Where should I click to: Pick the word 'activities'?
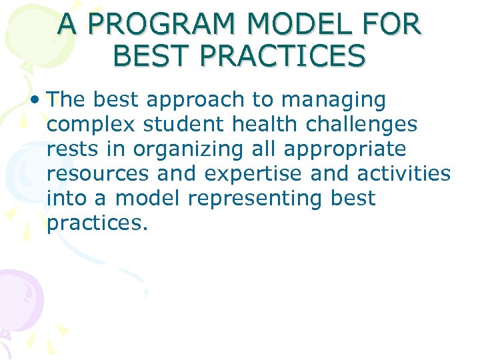coord(404,173)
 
